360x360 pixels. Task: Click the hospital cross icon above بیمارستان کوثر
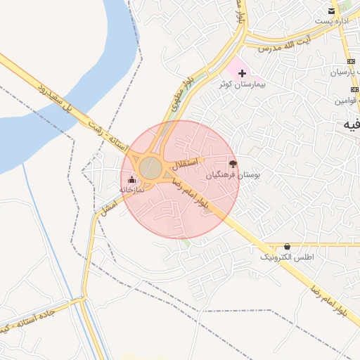pyautogui.click(x=242, y=73)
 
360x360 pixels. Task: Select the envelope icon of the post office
pyautogui.click(x=331, y=11)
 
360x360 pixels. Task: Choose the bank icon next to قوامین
pyautogui.click(x=354, y=89)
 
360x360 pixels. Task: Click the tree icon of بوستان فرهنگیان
pyautogui.click(x=233, y=163)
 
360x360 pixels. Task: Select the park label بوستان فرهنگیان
pyautogui.click(x=233, y=175)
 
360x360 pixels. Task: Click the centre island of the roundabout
pyautogui.click(x=151, y=168)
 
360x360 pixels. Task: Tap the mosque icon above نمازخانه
pyautogui.click(x=131, y=179)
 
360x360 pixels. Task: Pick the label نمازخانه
pyautogui.click(x=131, y=190)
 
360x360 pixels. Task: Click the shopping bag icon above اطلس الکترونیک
pyautogui.click(x=287, y=247)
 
